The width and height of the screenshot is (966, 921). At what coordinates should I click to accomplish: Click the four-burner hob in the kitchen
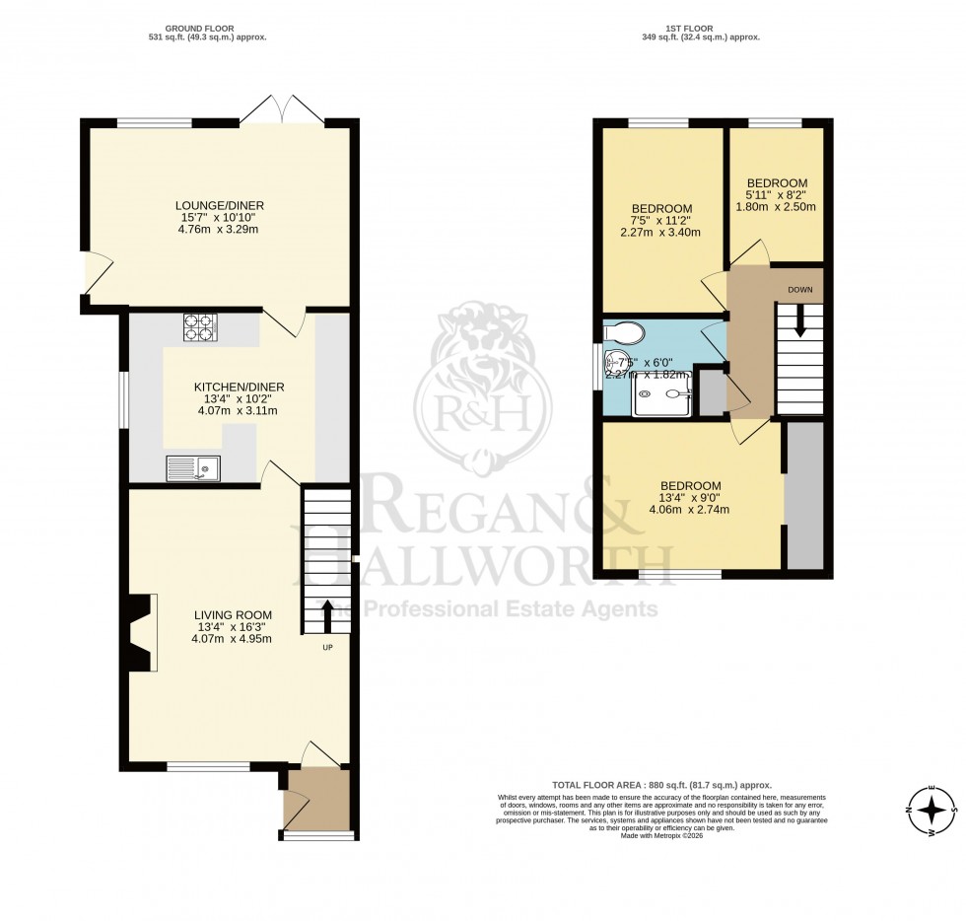[200, 326]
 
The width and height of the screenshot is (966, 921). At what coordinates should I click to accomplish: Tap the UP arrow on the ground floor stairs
[326, 615]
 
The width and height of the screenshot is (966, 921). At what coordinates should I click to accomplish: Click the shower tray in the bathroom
[662, 397]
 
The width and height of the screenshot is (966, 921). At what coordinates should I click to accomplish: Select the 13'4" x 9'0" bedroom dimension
[690, 498]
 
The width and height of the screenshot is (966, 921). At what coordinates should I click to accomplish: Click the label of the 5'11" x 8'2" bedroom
[777, 183]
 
